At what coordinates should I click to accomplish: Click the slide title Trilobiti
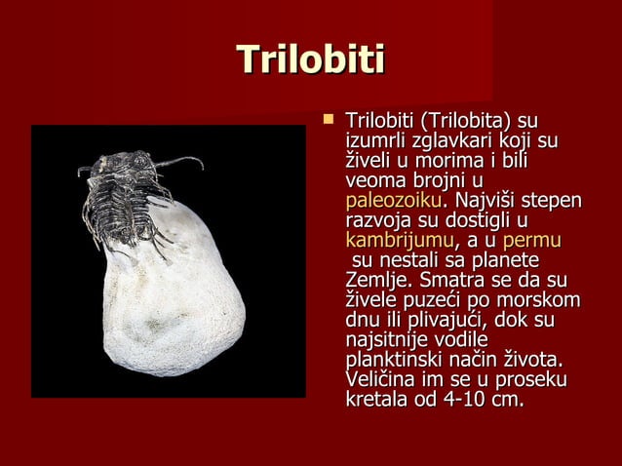pyautogui.click(x=311, y=60)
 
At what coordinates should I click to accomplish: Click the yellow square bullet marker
pyautogui.click(x=328, y=120)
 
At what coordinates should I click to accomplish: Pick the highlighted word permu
pyautogui.click(x=538, y=241)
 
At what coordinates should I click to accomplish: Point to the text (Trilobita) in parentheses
pyautogui.click(x=465, y=122)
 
